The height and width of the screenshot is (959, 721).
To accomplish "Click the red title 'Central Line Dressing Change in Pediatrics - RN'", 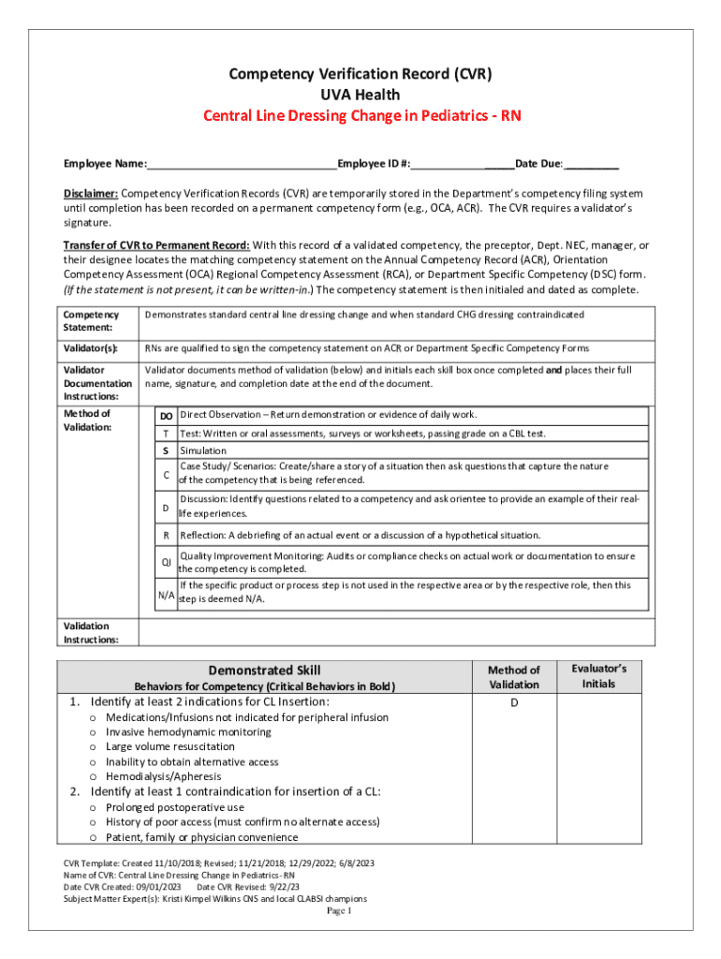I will point(361,116).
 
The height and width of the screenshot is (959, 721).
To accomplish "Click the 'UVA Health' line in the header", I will point(361,95).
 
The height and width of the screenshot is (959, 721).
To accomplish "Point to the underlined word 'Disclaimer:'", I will point(91,194).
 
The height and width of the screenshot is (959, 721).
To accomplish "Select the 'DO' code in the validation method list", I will point(166,415).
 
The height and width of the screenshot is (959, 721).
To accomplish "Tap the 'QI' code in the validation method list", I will point(166,562).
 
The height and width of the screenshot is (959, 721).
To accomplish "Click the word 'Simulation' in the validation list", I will point(203,450).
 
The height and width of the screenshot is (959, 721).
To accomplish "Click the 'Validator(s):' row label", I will point(91,348).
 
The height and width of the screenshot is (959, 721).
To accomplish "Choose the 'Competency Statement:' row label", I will point(84,321).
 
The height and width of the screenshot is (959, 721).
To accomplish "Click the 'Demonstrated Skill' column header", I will point(264,670).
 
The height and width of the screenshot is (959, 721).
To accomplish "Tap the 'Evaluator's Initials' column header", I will point(598,675).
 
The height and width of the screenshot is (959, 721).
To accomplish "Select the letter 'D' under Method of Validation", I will point(514,702).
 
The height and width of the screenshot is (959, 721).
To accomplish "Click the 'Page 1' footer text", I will point(337,910).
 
